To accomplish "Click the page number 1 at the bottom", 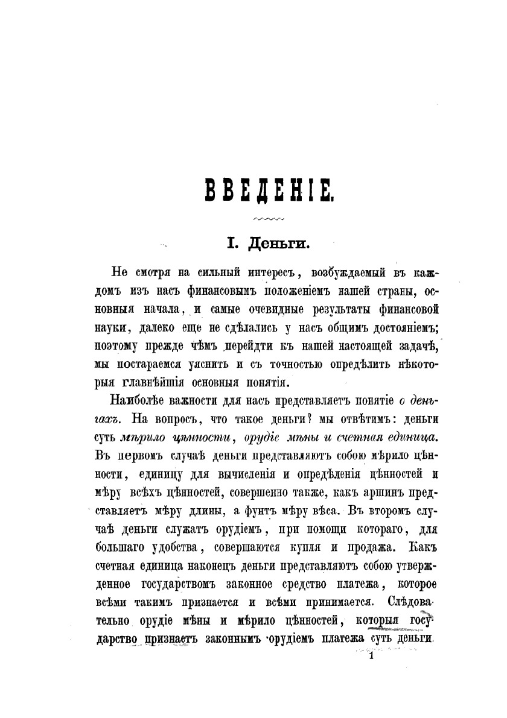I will click(x=371, y=660).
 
